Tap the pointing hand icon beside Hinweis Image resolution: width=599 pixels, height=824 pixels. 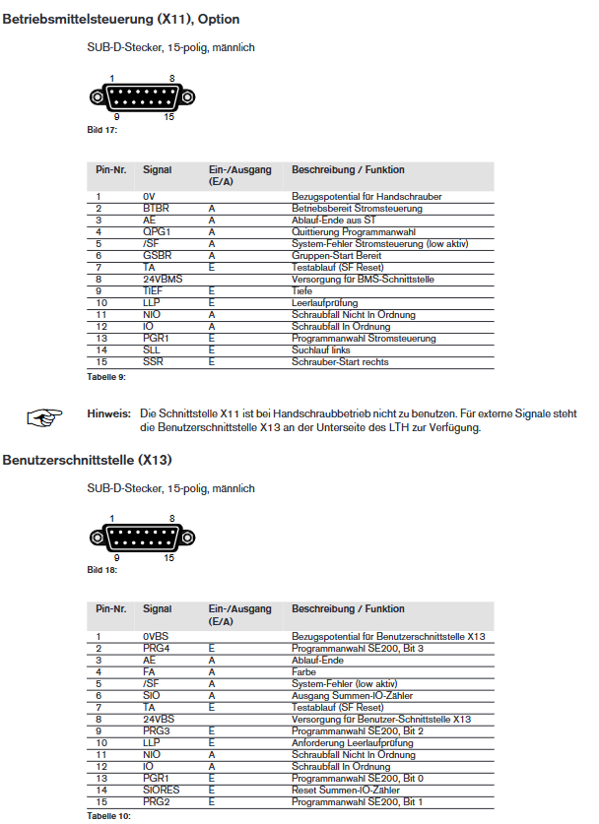[x=44, y=418]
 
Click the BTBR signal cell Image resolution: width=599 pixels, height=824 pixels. [x=157, y=209]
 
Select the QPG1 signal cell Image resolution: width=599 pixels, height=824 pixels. [x=157, y=232]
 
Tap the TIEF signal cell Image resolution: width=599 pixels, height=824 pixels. [x=153, y=291]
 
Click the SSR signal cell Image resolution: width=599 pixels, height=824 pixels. [x=153, y=361]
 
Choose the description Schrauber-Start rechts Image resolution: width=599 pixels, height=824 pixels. [x=340, y=361]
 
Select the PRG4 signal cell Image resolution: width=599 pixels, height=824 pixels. [x=156, y=649]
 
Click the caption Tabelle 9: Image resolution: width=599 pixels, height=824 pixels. [x=106, y=376]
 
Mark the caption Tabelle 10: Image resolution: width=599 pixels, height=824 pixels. [x=108, y=816]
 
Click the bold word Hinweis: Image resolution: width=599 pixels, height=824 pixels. [x=108, y=413]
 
